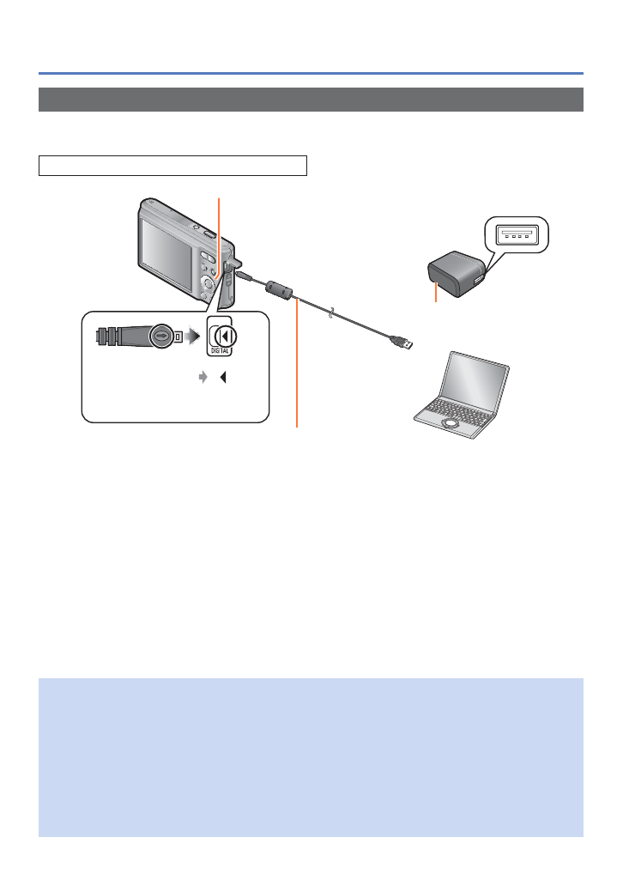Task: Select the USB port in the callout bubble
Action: [515, 234]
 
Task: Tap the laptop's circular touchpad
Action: [449, 423]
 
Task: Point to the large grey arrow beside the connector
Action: [189, 336]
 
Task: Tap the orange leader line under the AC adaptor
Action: [437, 294]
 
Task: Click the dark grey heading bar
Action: [311, 100]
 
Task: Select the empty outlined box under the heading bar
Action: [172, 166]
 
